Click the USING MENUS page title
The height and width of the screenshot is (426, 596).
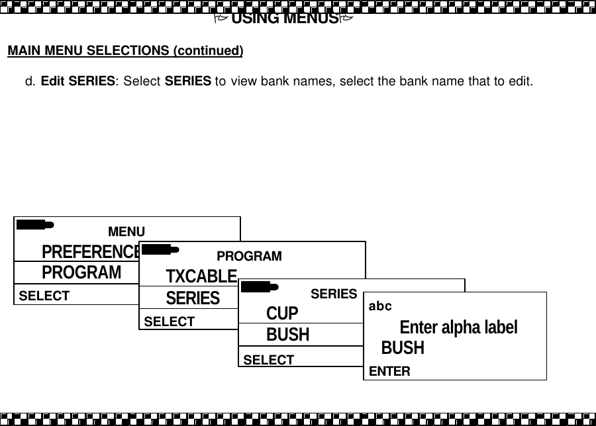pyautogui.click(x=285, y=18)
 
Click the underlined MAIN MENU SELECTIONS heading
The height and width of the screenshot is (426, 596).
pyautogui.click(x=125, y=51)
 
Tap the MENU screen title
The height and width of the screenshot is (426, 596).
pyautogui.click(x=126, y=232)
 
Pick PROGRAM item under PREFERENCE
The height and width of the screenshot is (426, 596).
pyautogui.click(x=81, y=273)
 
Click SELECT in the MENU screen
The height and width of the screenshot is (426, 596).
pyautogui.click(x=44, y=296)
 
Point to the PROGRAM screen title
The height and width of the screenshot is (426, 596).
pyautogui.click(x=249, y=256)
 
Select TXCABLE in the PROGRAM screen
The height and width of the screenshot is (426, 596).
pyautogui.click(x=201, y=276)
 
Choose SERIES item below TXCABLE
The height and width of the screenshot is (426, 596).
pyautogui.click(x=193, y=298)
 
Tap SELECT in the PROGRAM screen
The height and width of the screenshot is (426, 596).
pyautogui.click(x=170, y=321)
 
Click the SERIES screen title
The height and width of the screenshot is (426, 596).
pyautogui.click(x=334, y=294)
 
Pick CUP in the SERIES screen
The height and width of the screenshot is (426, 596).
pyautogui.click(x=282, y=313)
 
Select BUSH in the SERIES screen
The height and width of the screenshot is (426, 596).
pyautogui.click(x=287, y=335)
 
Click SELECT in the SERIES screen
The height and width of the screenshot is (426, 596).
pyautogui.click(x=269, y=360)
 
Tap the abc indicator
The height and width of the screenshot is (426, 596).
pyautogui.click(x=380, y=306)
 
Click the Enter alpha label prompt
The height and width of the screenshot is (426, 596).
pyautogui.click(x=458, y=327)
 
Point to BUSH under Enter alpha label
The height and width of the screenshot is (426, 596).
pyautogui.click(x=403, y=348)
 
